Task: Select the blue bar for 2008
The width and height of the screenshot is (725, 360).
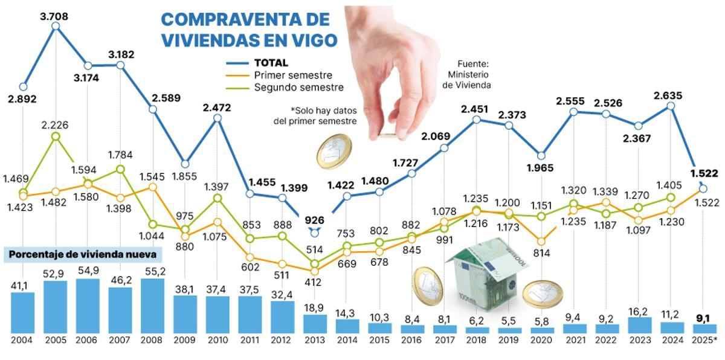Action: coord(152,306)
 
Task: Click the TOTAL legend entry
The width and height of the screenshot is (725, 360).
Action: coord(271,62)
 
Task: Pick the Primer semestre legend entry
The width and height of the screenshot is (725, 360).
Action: coord(292,75)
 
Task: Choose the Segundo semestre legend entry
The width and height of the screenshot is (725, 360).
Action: coord(298,88)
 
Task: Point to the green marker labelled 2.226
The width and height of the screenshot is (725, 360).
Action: coord(56,137)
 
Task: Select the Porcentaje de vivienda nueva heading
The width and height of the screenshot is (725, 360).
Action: coord(83,255)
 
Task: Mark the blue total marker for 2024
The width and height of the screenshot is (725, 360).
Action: coord(671,106)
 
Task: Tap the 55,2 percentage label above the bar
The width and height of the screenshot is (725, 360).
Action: coord(152,272)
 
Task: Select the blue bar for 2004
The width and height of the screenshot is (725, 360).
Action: coord(23,313)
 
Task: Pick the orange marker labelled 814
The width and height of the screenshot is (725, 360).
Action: coord(541,241)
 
